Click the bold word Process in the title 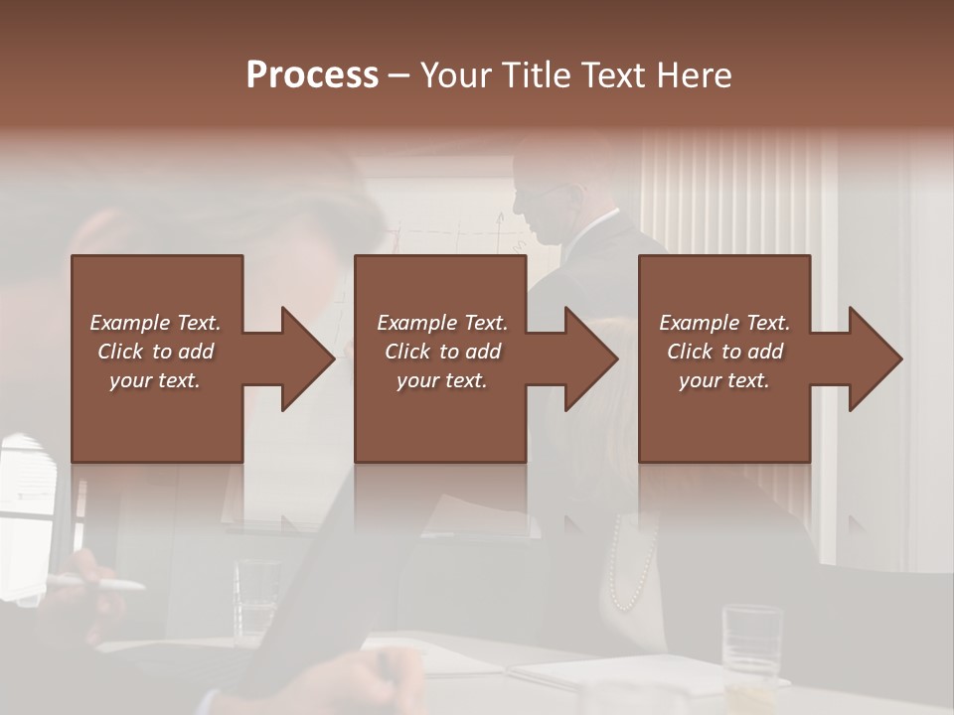point(312,74)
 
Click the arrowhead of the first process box point(308,358)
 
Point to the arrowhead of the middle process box point(591,358)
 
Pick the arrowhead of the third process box point(875,358)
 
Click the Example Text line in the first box point(155,322)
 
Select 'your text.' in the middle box point(441,380)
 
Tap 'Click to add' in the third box point(724,351)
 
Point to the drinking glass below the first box point(256,596)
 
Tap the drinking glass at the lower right point(752,641)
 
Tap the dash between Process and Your point(399,74)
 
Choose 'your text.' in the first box point(155,380)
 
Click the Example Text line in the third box point(724,322)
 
